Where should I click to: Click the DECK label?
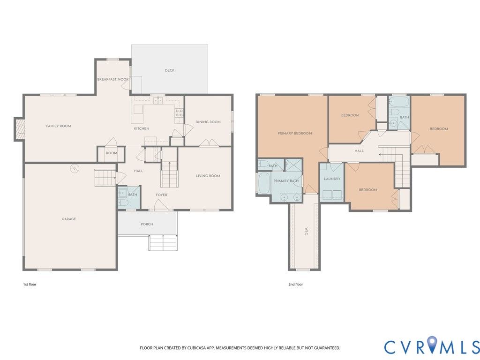pyautogui.click(x=170, y=70)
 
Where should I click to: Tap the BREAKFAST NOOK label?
pyautogui.click(x=113, y=79)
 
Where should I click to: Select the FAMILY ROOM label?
pyautogui.click(x=59, y=126)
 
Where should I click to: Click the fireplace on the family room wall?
pyautogui.click(x=19, y=129)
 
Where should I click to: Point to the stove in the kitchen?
pyautogui.click(x=179, y=113)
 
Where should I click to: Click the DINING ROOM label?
pyautogui.click(x=208, y=122)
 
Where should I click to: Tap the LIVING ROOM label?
pyautogui.click(x=208, y=176)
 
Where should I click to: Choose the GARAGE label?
pyautogui.click(x=68, y=219)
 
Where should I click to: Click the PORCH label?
pyautogui.click(x=147, y=224)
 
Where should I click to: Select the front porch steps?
pyautogui.click(x=163, y=243)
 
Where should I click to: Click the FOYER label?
pyautogui.click(x=161, y=195)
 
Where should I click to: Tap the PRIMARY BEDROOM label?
pyautogui.click(x=295, y=133)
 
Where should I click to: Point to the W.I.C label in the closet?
pyautogui.click(x=307, y=231)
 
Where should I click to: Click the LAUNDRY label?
pyautogui.click(x=332, y=179)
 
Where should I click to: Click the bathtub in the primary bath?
pyautogui.click(x=264, y=183)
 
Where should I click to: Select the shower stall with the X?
pyautogui.click(x=293, y=165)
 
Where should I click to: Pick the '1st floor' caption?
pyautogui.click(x=30, y=285)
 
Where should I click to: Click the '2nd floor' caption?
pyautogui.click(x=296, y=285)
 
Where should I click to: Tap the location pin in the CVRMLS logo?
pyautogui.click(x=432, y=344)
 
